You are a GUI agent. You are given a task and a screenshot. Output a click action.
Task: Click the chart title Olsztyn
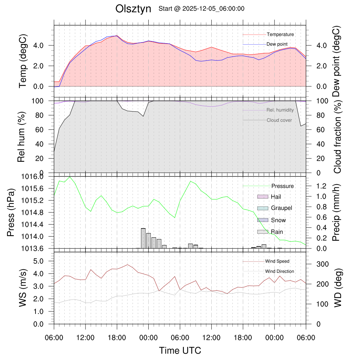[133, 9]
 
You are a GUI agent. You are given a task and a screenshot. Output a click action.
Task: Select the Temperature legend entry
[280, 34]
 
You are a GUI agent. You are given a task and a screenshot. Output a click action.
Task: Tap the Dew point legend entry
[278, 44]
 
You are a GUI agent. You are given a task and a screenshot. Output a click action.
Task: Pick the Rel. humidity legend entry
[280, 110]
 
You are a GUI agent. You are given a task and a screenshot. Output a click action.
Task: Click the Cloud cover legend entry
[279, 120]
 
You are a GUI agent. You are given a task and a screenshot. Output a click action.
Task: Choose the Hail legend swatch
[263, 197]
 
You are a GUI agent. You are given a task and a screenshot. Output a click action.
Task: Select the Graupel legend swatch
[263, 208]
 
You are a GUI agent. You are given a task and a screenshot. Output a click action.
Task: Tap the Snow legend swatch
[263, 220]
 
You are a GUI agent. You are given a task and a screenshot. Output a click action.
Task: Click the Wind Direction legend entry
[279, 271]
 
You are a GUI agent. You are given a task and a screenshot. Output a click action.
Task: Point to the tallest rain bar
[143, 238]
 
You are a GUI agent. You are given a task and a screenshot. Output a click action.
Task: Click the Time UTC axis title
[180, 351]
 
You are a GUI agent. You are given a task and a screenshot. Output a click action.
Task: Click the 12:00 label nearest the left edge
[85, 338]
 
